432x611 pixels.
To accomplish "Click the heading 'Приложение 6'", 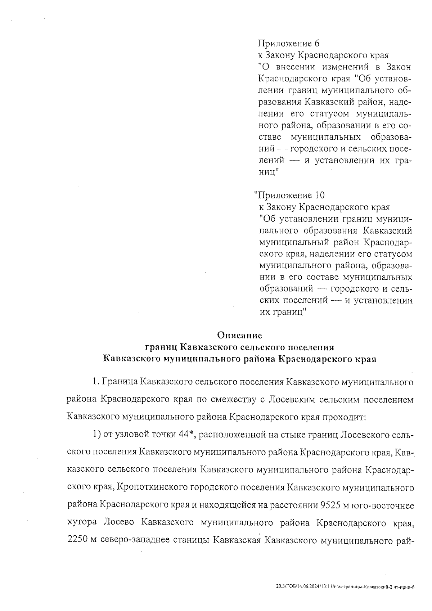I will point(288,44).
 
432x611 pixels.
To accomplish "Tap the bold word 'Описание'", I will point(239,336).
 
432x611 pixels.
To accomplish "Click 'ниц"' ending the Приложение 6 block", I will point(269,172).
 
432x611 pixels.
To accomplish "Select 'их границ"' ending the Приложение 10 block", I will point(283,312).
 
